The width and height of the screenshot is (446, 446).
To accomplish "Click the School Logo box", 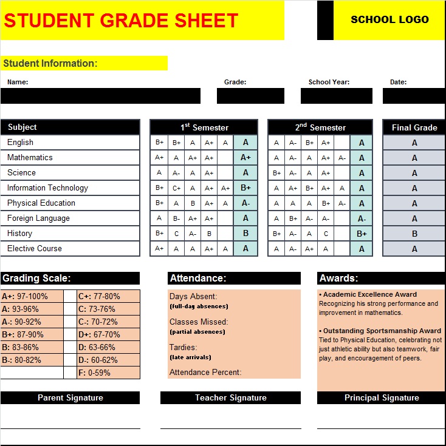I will pyautogui.click(x=389, y=19).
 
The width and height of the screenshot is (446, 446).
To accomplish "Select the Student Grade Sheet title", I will pyautogui.click(x=121, y=21).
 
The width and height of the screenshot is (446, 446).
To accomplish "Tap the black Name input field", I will pyautogui.click(x=100, y=96).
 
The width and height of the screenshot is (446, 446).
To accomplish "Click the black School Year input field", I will pyautogui.click(x=336, y=96).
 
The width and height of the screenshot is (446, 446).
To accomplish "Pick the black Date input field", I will pyautogui.click(x=414, y=96).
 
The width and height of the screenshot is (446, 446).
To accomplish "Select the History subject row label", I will pyautogui.click(x=20, y=233).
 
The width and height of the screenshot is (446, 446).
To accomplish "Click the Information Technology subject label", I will pyautogui.click(x=47, y=188).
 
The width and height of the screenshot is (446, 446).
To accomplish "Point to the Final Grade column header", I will pyautogui.click(x=414, y=127).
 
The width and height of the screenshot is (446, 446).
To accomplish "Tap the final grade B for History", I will pyautogui.click(x=414, y=234).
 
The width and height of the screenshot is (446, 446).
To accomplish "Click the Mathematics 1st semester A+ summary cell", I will pyautogui.click(x=245, y=158).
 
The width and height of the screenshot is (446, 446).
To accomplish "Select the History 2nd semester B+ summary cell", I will pyautogui.click(x=362, y=234).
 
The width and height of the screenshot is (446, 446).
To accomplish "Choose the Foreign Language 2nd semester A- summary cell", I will pyautogui.click(x=362, y=218).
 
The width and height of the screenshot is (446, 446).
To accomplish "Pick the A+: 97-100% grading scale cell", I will pyautogui.click(x=32, y=296).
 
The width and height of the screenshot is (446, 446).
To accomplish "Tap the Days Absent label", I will pyautogui.click(x=193, y=296).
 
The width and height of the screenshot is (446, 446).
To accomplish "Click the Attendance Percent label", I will pyautogui.click(x=205, y=372).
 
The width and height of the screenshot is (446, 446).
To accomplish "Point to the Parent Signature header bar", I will pyautogui.click(x=70, y=398).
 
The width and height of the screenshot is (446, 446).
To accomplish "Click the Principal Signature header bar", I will pyautogui.click(x=382, y=398).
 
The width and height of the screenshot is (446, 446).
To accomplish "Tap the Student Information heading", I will pyautogui.click(x=50, y=63).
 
